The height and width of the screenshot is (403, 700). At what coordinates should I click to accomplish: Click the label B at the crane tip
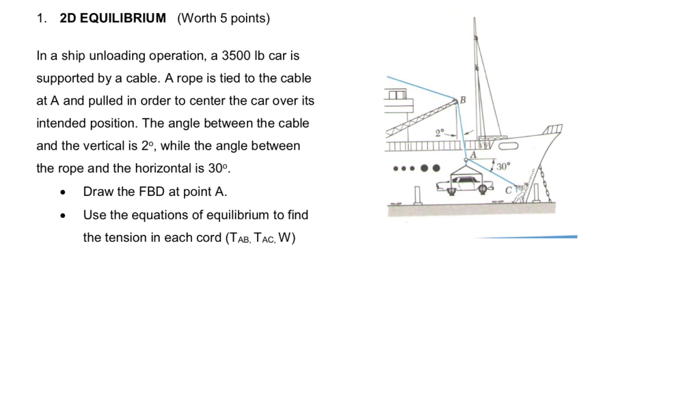[463, 100]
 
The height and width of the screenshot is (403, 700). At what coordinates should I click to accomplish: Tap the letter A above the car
[472, 155]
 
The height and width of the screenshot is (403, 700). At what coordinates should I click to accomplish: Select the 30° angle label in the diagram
[503, 166]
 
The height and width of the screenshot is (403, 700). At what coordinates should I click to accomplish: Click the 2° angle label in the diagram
[441, 133]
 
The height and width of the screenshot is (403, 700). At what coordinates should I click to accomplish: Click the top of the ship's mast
[474, 20]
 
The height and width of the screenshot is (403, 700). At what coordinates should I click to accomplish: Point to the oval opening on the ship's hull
[510, 144]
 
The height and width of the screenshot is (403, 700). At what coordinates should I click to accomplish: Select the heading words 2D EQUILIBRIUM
[113, 18]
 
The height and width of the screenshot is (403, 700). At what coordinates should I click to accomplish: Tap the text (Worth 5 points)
[224, 18]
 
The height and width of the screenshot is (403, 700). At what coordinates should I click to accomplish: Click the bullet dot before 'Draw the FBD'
[63, 193]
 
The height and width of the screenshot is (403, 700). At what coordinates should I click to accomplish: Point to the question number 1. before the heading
[42, 18]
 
